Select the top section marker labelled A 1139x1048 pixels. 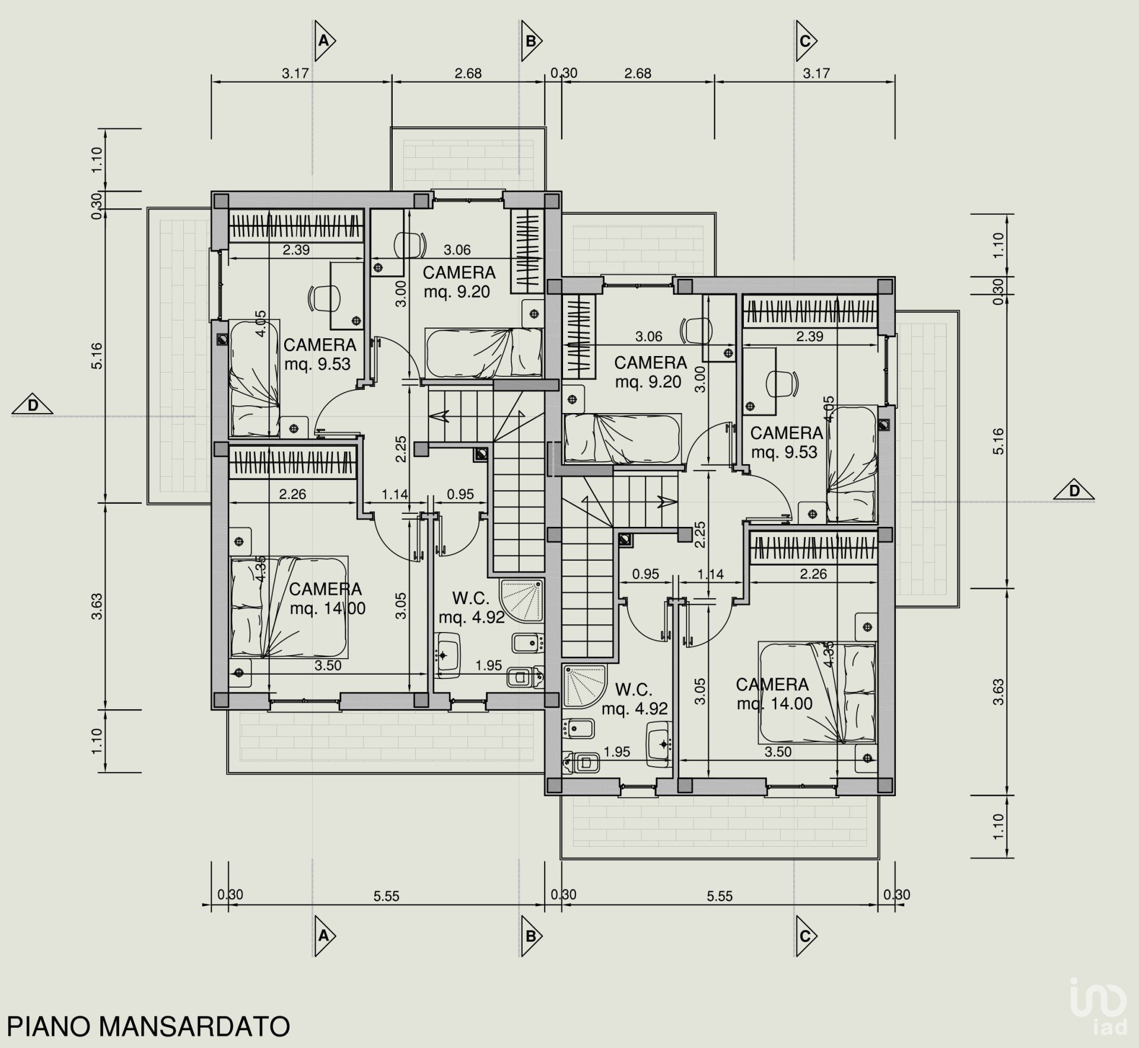pos(325,41)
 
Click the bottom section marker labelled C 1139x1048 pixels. pos(807,936)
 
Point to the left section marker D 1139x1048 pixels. pos(32,405)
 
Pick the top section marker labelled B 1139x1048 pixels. pos(532,41)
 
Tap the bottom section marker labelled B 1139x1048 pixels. pos(532,936)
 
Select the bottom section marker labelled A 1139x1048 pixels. pos(325,936)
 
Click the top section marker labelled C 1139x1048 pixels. pos(807,41)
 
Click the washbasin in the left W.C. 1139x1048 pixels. pos(448,655)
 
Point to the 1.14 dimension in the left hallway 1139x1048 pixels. pos(395,494)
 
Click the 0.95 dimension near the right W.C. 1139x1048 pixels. pos(645,574)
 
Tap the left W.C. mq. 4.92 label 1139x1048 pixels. pos(472,617)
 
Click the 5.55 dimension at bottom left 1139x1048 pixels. pos(386,896)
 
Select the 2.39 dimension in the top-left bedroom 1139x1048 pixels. pos(296,250)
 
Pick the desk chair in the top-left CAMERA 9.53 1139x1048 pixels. pos(324,297)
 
